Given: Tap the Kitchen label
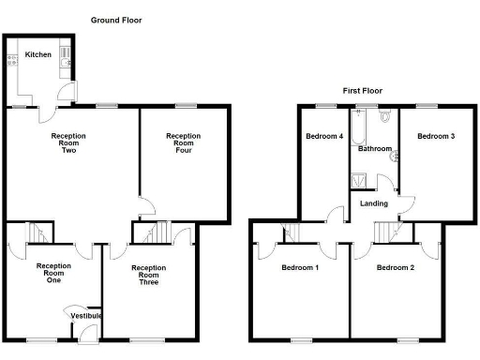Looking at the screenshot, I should (38, 54).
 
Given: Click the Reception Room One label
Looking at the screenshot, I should (53, 273).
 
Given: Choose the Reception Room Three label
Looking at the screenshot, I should (148, 275).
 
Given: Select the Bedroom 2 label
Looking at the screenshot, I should (395, 268).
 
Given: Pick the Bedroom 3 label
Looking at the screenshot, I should (436, 137).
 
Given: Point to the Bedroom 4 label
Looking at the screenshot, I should (323, 137).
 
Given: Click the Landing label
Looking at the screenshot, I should (374, 203).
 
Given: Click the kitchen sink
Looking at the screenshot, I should (66, 56).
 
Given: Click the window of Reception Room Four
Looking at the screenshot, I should (185, 105).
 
